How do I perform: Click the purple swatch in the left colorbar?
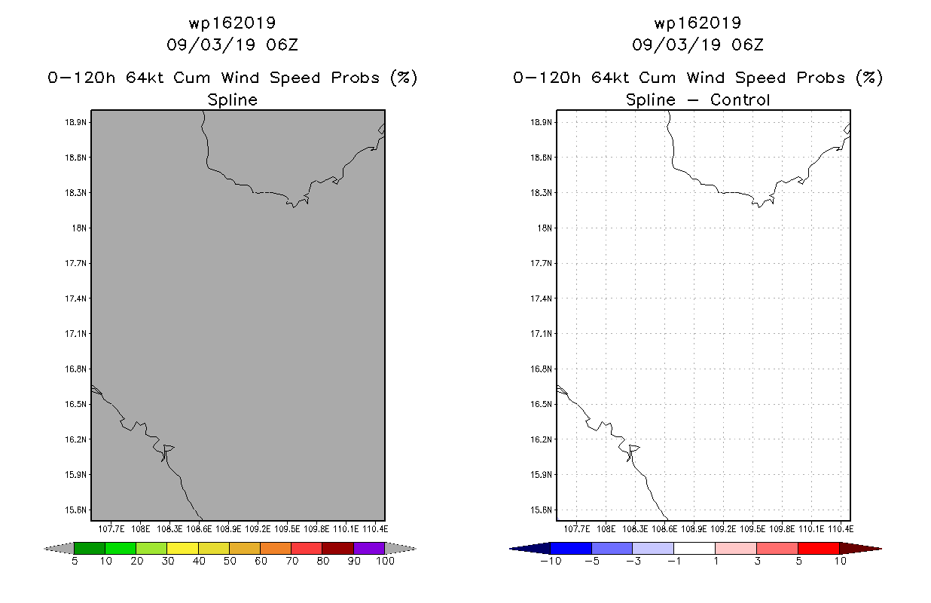[x=369, y=548]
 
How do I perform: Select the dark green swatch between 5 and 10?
[x=90, y=548]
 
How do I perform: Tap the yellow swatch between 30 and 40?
[x=183, y=548]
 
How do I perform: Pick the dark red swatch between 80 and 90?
[x=338, y=548]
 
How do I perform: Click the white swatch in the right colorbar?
[x=694, y=548]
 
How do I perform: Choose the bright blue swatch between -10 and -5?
[x=571, y=548]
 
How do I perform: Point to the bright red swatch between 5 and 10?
[x=819, y=548]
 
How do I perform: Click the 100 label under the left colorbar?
[x=386, y=561]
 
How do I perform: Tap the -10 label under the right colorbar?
[x=551, y=561]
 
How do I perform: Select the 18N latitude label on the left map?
[x=79, y=228]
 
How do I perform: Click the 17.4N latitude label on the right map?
[x=541, y=298]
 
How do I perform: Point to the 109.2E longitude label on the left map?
[x=258, y=529]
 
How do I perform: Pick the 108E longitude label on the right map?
[x=606, y=529]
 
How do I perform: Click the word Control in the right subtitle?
[x=740, y=99]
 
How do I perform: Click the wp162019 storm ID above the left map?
[x=232, y=23]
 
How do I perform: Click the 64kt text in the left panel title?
[x=145, y=78]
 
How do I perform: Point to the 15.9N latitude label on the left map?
[x=75, y=475]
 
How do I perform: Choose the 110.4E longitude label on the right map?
[x=841, y=529]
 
